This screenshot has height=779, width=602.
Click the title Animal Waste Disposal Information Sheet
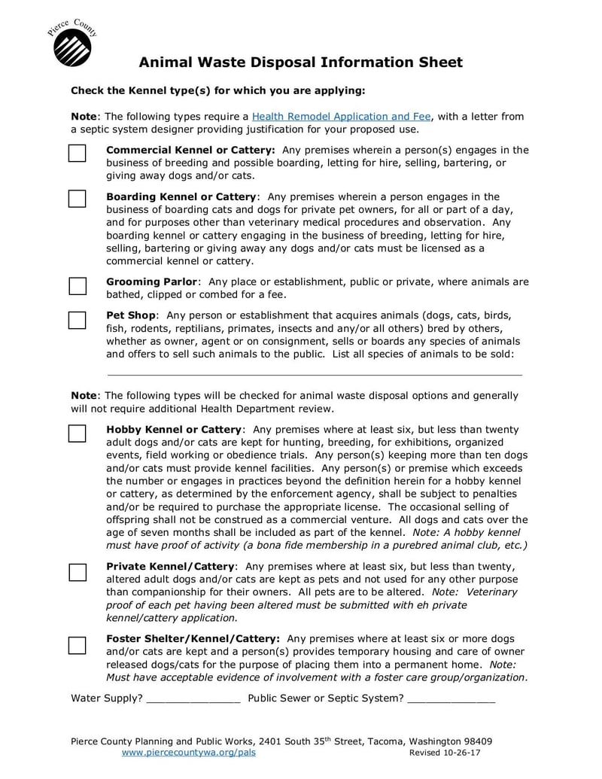[x=300, y=62]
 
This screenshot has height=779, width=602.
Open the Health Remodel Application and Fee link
[x=341, y=117]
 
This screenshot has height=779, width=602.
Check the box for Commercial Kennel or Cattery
[x=77, y=154]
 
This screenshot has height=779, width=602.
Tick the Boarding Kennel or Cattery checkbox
[x=77, y=199]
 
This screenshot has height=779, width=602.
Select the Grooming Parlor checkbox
[x=77, y=285]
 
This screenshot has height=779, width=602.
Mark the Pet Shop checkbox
[x=77, y=319]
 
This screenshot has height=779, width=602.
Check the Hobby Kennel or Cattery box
[x=77, y=434]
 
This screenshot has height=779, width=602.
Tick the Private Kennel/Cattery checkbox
[x=77, y=571]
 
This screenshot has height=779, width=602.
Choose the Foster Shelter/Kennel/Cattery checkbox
[x=77, y=644]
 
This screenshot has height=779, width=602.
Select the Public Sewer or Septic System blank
[x=451, y=699]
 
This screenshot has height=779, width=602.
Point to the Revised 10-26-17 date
[x=445, y=753]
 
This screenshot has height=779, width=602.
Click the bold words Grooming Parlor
[x=151, y=282]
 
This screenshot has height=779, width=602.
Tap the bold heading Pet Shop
[x=131, y=315]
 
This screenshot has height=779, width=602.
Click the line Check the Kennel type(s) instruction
[x=217, y=91]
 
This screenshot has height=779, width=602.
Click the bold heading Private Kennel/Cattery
[x=171, y=567]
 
